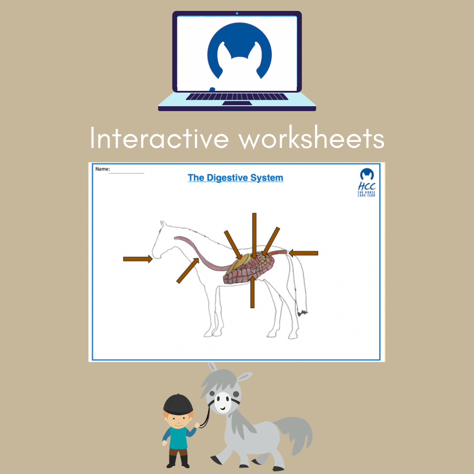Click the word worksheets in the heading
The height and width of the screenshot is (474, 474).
click(x=311, y=138)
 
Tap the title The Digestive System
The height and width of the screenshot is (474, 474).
click(x=236, y=178)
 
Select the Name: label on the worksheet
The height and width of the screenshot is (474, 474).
click(x=102, y=169)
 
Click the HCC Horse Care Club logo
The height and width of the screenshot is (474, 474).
click(x=366, y=182)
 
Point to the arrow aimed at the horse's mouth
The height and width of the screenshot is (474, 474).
click(x=137, y=259)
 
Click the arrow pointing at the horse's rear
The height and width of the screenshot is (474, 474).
click(x=303, y=253)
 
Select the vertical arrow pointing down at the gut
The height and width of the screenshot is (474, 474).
click(x=254, y=236)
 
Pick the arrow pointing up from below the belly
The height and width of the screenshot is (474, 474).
click(x=252, y=292)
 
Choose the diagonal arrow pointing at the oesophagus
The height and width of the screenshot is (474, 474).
click(x=187, y=270)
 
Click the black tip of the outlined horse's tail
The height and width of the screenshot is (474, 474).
click(x=302, y=313)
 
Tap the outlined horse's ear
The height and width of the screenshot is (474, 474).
click(x=163, y=224)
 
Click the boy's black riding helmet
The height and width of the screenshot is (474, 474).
click(x=178, y=405)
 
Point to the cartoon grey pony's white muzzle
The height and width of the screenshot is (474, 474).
click(x=223, y=402)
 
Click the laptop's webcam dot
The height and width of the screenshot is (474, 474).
click(x=237, y=13)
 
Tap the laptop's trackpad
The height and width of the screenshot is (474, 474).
click(x=237, y=103)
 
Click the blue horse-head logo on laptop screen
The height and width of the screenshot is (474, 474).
click(x=240, y=51)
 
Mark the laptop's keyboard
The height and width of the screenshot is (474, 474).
click(x=237, y=97)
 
